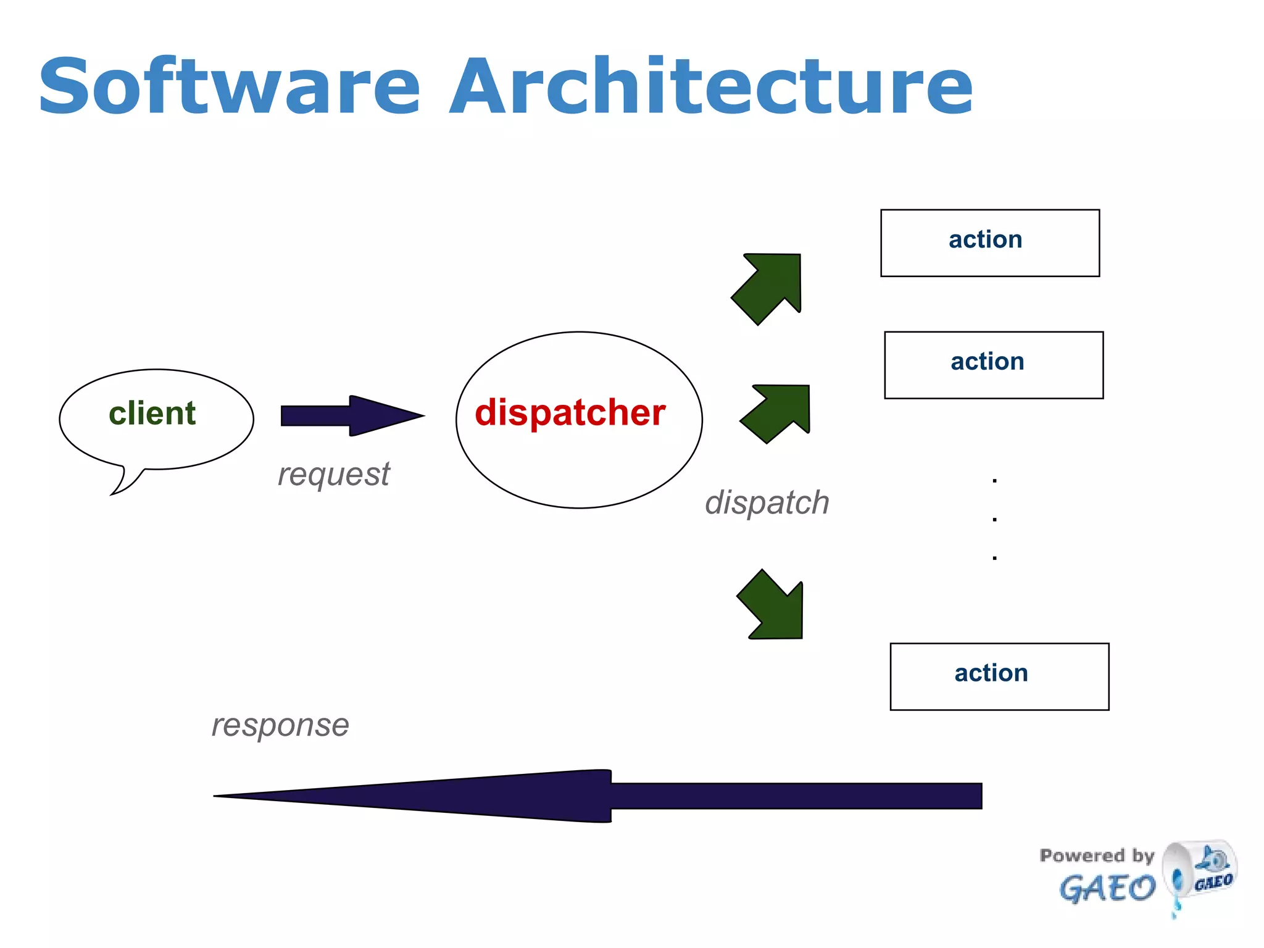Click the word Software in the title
(x=228, y=86)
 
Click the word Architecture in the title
(x=710, y=86)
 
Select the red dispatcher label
(x=570, y=412)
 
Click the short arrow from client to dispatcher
(x=352, y=416)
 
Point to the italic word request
(x=333, y=474)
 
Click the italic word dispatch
(x=767, y=502)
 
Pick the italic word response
(x=280, y=725)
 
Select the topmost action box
(x=989, y=243)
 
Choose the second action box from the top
(x=993, y=365)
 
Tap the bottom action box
(x=999, y=676)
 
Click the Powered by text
(x=1096, y=855)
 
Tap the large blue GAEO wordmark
(x=1107, y=889)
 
